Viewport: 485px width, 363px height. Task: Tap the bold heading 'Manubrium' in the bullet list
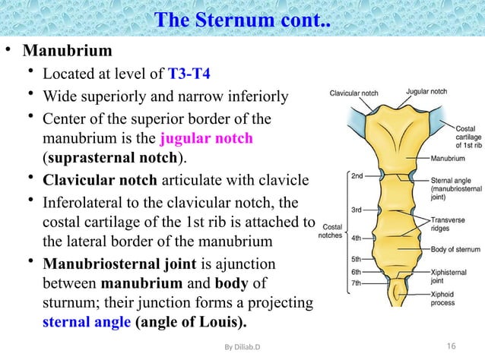(68, 52)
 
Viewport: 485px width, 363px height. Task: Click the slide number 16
(451, 346)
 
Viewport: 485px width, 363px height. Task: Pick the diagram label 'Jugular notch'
(426, 92)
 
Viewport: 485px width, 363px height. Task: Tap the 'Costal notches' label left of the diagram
(331, 230)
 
